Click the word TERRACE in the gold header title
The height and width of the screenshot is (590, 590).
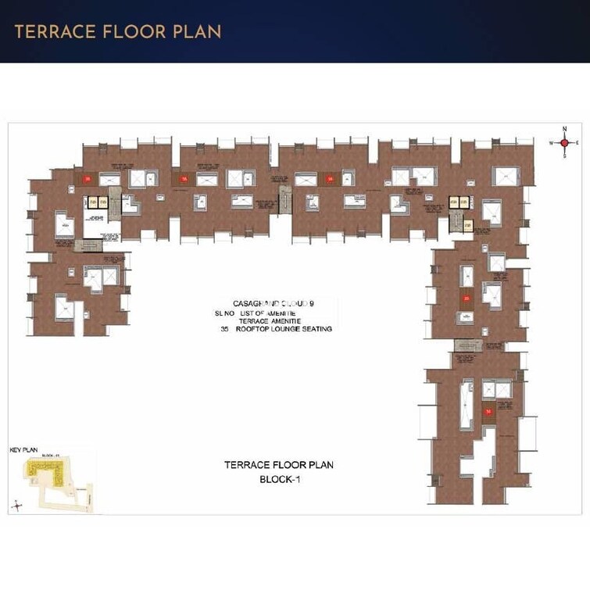(x=52, y=31)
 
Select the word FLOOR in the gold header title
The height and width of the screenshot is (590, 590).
(x=132, y=31)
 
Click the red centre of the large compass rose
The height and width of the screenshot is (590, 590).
(x=564, y=143)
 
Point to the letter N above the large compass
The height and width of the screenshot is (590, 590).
(x=564, y=130)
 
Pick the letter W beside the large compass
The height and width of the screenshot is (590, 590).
(x=551, y=143)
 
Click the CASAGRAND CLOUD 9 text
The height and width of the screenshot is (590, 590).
(x=273, y=303)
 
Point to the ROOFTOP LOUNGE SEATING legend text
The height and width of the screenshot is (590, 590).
(x=288, y=329)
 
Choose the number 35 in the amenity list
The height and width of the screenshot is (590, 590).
(x=224, y=329)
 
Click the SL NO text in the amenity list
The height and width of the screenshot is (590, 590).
(x=224, y=312)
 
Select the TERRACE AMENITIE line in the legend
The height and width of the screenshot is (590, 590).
(x=274, y=320)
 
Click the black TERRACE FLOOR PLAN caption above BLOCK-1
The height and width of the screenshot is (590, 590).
(x=279, y=465)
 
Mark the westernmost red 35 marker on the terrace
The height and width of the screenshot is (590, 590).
(x=88, y=179)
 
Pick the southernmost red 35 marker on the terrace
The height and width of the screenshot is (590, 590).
(x=488, y=410)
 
